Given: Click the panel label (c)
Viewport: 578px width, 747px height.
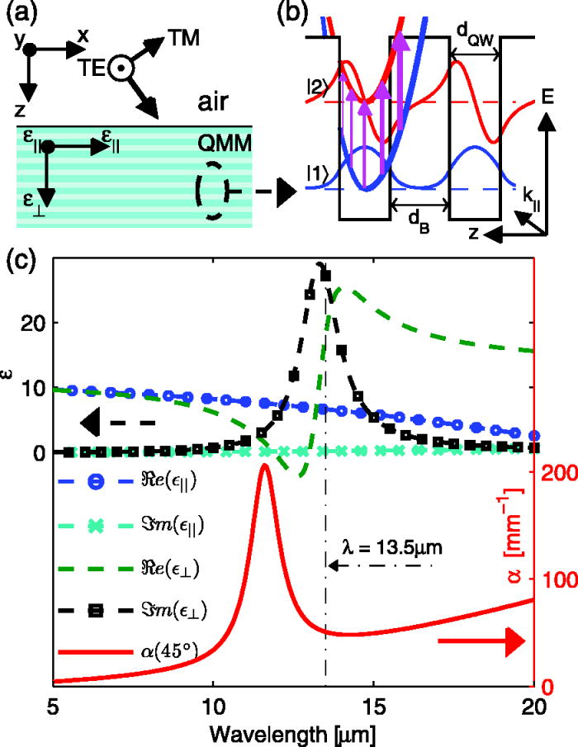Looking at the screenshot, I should (x=24, y=262).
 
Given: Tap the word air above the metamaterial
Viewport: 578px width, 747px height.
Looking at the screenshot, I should (x=217, y=104).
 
